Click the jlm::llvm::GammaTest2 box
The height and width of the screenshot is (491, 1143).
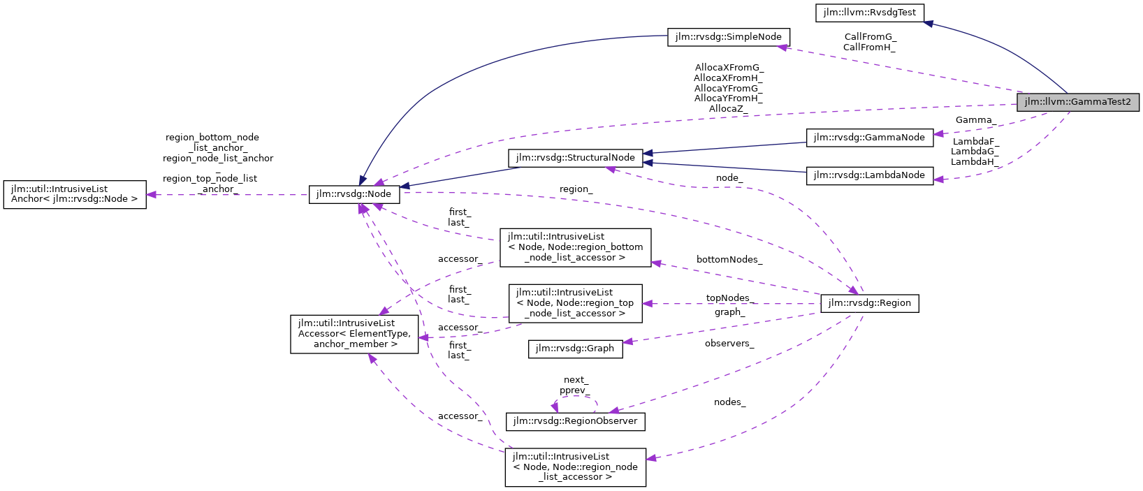pos(1077,102)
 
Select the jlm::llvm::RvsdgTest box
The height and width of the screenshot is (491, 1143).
pos(870,13)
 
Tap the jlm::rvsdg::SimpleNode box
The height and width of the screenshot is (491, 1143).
pos(729,36)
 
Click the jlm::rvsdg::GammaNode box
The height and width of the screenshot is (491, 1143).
pos(870,138)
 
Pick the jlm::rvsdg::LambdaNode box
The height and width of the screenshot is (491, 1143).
pos(870,175)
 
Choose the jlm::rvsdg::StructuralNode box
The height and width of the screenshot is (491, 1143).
pos(575,158)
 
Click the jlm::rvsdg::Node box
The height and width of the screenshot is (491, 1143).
pos(354,194)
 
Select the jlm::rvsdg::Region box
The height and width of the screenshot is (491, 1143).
pos(869,303)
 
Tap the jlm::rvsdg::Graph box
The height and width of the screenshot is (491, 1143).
pos(575,349)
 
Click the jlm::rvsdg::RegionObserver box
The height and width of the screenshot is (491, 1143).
pos(575,421)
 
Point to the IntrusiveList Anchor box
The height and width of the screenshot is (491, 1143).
pos(75,194)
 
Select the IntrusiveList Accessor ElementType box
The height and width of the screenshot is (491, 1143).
pos(354,334)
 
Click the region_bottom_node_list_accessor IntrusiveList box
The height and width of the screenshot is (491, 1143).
pos(575,247)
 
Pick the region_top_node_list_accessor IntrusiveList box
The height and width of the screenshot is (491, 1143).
pos(575,303)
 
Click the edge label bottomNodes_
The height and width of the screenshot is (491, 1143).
pos(729,259)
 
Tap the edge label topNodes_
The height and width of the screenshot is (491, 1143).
pos(729,298)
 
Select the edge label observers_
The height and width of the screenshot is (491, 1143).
pos(729,343)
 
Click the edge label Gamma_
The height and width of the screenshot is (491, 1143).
pos(975,120)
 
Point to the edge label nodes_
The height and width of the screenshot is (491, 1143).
pos(729,402)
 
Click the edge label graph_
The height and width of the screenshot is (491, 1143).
pos(729,312)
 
